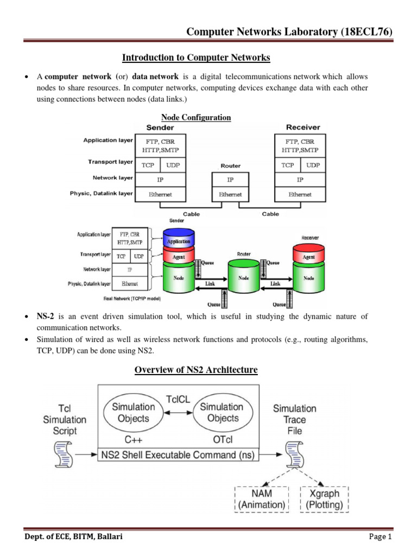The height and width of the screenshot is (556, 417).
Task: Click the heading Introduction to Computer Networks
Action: [196, 57]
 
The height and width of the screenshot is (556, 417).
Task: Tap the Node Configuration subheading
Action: [196, 117]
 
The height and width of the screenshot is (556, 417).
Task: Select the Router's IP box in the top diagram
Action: [230, 179]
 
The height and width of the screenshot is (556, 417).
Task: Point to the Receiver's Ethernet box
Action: [300, 194]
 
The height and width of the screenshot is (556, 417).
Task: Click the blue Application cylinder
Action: [178, 239]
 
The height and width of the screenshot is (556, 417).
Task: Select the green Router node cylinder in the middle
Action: [244, 279]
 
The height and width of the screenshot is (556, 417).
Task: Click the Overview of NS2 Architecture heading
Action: [196, 370]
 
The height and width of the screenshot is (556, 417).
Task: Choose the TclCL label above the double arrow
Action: [177, 397]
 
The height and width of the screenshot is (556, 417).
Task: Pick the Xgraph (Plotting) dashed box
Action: [324, 499]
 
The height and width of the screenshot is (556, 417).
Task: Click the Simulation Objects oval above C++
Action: [133, 413]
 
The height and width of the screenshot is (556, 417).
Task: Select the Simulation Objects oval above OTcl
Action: [222, 413]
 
